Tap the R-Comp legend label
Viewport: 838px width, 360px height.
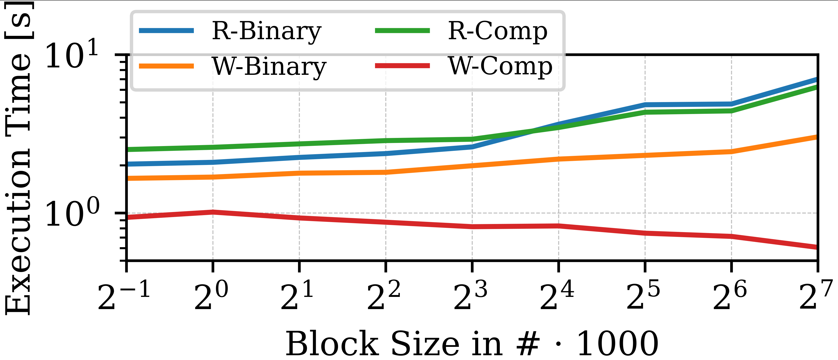point(498,32)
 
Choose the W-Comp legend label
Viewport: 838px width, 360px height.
point(500,67)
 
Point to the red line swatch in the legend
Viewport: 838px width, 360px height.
point(403,66)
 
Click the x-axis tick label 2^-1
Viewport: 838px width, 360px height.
point(124,295)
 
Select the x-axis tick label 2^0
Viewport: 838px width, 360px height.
point(211,295)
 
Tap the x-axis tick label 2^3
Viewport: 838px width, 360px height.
point(470,295)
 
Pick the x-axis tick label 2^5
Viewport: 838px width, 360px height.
point(643,295)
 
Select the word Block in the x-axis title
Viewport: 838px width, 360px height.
point(332,344)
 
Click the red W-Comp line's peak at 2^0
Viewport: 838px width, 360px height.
point(213,212)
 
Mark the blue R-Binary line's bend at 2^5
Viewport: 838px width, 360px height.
point(645,105)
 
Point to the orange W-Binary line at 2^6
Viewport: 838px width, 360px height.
point(731,152)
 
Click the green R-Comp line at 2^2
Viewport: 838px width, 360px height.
point(386,141)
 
